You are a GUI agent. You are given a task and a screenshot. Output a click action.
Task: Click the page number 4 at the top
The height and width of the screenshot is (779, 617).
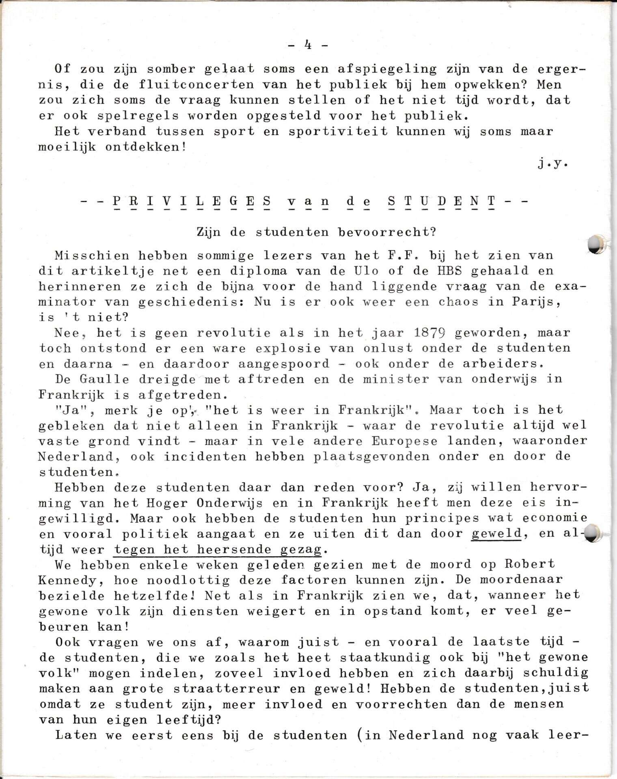(x=308, y=45)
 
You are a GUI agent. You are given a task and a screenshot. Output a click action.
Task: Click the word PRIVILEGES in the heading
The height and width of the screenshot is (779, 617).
(x=192, y=201)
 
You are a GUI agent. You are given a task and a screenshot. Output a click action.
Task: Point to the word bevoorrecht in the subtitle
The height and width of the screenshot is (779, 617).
(x=387, y=232)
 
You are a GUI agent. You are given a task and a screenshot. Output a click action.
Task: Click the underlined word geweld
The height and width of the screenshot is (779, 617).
(x=496, y=534)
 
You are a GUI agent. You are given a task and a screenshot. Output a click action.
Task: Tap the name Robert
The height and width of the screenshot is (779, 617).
(x=530, y=564)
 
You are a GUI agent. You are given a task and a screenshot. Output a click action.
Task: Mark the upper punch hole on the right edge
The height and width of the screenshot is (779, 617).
(x=596, y=245)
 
